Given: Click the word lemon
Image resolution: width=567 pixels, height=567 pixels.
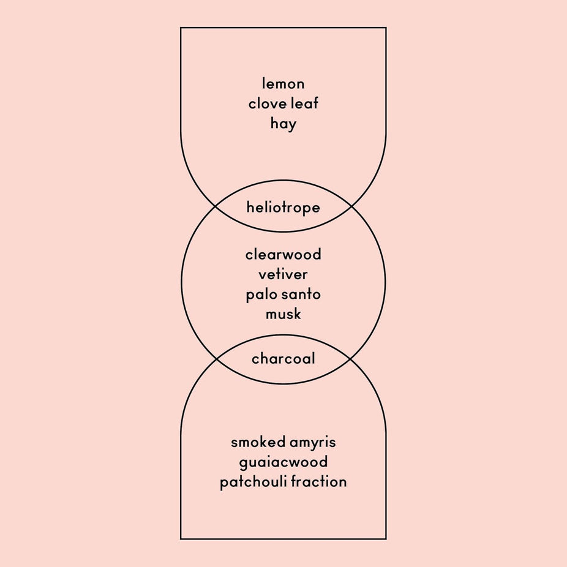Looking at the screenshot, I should tap(283, 83).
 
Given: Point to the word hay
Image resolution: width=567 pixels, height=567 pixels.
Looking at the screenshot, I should tap(283, 124).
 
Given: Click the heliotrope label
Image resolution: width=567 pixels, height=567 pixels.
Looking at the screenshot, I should tap(283, 208).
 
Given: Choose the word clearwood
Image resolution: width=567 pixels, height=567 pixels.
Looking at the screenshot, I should tap(283, 254).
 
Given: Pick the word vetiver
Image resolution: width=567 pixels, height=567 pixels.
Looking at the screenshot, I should tap(283, 274).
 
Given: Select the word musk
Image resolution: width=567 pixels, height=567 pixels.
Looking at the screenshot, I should tap(283, 314).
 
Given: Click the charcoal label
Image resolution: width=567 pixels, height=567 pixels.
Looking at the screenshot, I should tap(283, 358).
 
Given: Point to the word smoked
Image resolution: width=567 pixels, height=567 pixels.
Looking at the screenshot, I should tap(257, 442).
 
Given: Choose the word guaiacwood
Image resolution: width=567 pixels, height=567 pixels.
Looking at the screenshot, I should tap(283, 462).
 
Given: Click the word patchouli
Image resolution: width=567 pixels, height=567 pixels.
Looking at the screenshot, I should tap(253, 482).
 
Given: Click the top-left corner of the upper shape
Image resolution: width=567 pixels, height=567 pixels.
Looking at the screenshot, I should tap(181, 28).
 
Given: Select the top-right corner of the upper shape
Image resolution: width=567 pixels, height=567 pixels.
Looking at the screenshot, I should tap(386, 28).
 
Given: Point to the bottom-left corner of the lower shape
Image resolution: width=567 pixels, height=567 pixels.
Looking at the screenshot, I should tap(181, 539).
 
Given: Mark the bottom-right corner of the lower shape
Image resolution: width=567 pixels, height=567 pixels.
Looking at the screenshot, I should tap(386, 539).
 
